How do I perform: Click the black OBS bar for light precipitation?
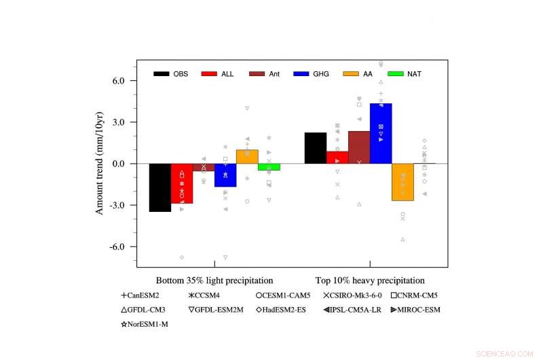tap(160, 187)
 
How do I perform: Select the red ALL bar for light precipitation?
tap(181, 183)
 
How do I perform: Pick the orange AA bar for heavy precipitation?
tap(402, 181)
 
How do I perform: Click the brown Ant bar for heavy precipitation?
tap(359, 147)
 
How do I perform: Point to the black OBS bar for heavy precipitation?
tap(316, 148)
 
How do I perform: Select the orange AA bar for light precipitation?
tap(247, 157)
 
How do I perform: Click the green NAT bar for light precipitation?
tap(269, 166)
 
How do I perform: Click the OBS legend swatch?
tap(162, 73)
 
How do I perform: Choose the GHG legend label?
tap(320, 73)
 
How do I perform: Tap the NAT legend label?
tap(414, 73)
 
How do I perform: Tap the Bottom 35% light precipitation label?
tap(214, 280)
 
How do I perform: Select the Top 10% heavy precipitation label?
tap(370, 280)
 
